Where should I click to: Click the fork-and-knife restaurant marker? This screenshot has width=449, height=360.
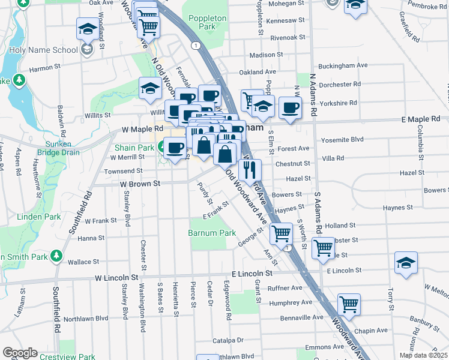250,169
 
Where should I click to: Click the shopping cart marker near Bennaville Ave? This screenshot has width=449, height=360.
348,304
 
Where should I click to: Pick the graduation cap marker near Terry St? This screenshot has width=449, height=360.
406,262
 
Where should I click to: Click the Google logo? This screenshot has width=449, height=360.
20,353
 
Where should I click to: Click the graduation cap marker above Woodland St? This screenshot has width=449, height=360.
88,28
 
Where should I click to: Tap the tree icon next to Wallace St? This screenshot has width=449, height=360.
56,256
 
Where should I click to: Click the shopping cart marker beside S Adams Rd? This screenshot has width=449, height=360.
323,247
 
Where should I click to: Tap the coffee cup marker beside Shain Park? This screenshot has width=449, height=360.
175,147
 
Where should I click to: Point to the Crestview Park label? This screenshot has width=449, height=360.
67,356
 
